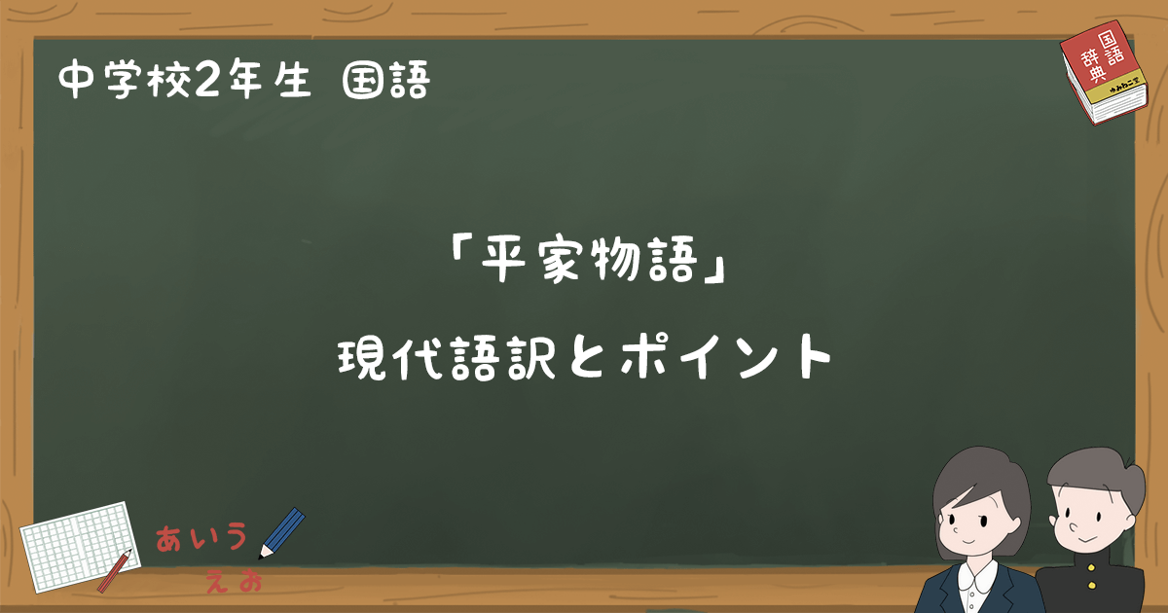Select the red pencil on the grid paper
pos(114,570)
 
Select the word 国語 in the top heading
pos(385,82)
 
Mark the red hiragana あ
pos(173,538)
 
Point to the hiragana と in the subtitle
pos(584,361)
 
